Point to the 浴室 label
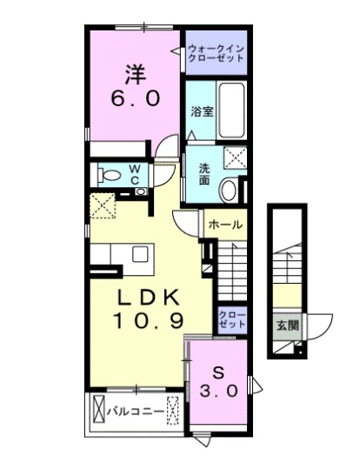click(x=201, y=111)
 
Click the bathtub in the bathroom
click(x=230, y=111)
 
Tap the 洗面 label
click(x=203, y=173)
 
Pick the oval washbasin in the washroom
click(x=229, y=188)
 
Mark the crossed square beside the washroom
click(x=235, y=158)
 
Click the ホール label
click(x=224, y=225)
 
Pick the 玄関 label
click(x=287, y=327)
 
